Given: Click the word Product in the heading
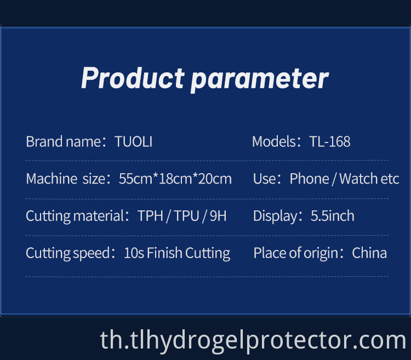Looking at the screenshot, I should click(132, 78).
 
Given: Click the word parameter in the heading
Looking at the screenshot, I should click(259, 78).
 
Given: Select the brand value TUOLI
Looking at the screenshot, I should click(134, 141).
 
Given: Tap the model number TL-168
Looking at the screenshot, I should click(330, 141).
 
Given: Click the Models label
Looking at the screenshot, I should click(275, 141).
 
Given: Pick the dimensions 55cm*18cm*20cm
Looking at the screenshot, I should click(175, 179).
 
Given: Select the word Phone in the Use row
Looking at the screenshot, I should click(309, 179).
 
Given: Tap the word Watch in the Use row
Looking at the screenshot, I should click(358, 179).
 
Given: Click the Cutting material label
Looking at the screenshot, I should click(75, 215).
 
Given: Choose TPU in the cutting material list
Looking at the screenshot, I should click(186, 215).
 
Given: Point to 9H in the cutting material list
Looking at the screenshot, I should click(218, 215).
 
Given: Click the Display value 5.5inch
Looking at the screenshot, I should click(332, 215).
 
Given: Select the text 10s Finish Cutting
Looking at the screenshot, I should click(177, 253).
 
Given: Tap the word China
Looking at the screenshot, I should click(369, 253).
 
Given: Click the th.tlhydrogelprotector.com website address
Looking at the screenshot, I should click(253, 341).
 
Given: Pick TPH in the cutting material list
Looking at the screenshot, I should click(151, 215).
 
